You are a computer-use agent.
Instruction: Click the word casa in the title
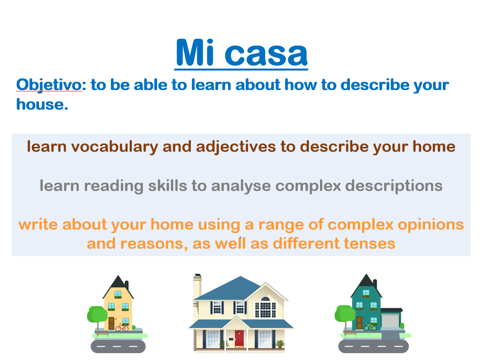pyautogui.click(x=266, y=54)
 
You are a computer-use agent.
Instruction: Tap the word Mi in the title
pyautogui.click(x=195, y=52)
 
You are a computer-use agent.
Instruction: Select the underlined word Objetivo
pyautogui.click(x=49, y=85)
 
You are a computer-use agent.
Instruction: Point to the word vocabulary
pyautogui.click(x=114, y=147)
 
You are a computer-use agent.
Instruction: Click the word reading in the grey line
pyautogui.click(x=114, y=186)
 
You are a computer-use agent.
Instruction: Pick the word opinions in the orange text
pyautogui.click(x=431, y=225)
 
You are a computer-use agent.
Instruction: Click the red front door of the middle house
pyautogui.click(x=239, y=338)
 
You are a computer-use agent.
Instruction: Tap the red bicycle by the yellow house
pyautogui.click(x=122, y=328)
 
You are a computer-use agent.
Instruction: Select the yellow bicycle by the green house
pyautogui.click(x=370, y=327)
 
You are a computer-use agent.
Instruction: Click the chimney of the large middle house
pyautogui.click(x=198, y=286)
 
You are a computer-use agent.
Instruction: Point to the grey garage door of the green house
pyautogui.click(x=390, y=320)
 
